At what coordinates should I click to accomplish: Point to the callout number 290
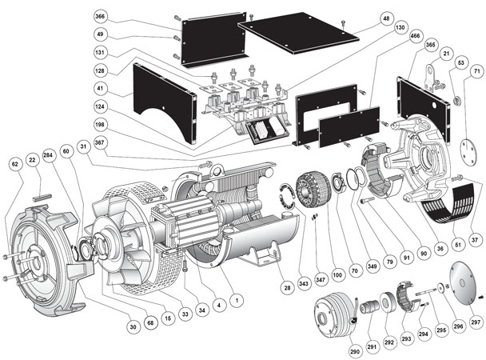point(355,350)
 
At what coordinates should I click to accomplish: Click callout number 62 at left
point(13,163)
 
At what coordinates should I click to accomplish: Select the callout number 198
point(121,125)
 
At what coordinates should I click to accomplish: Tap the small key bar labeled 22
point(40,191)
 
